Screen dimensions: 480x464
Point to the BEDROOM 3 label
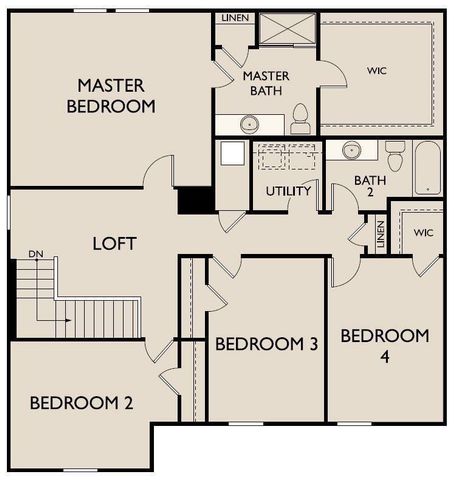point(267,344)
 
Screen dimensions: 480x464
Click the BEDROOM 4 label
point(385,345)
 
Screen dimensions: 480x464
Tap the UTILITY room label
point(288,191)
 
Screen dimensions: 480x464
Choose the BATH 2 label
point(369,188)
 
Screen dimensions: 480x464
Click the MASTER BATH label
point(266,83)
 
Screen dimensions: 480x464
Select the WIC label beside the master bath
point(377,71)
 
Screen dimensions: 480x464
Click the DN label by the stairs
point(36,254)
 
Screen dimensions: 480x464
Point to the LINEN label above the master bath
point(237,18)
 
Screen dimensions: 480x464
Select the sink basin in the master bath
point(249,124)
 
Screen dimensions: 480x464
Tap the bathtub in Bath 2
point(426,169)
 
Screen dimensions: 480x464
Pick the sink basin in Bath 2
point(351,151)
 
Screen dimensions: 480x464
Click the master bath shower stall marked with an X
point(287,28)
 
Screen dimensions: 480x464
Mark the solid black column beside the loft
point(194,200)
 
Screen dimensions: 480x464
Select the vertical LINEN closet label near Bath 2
point(380,235)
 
